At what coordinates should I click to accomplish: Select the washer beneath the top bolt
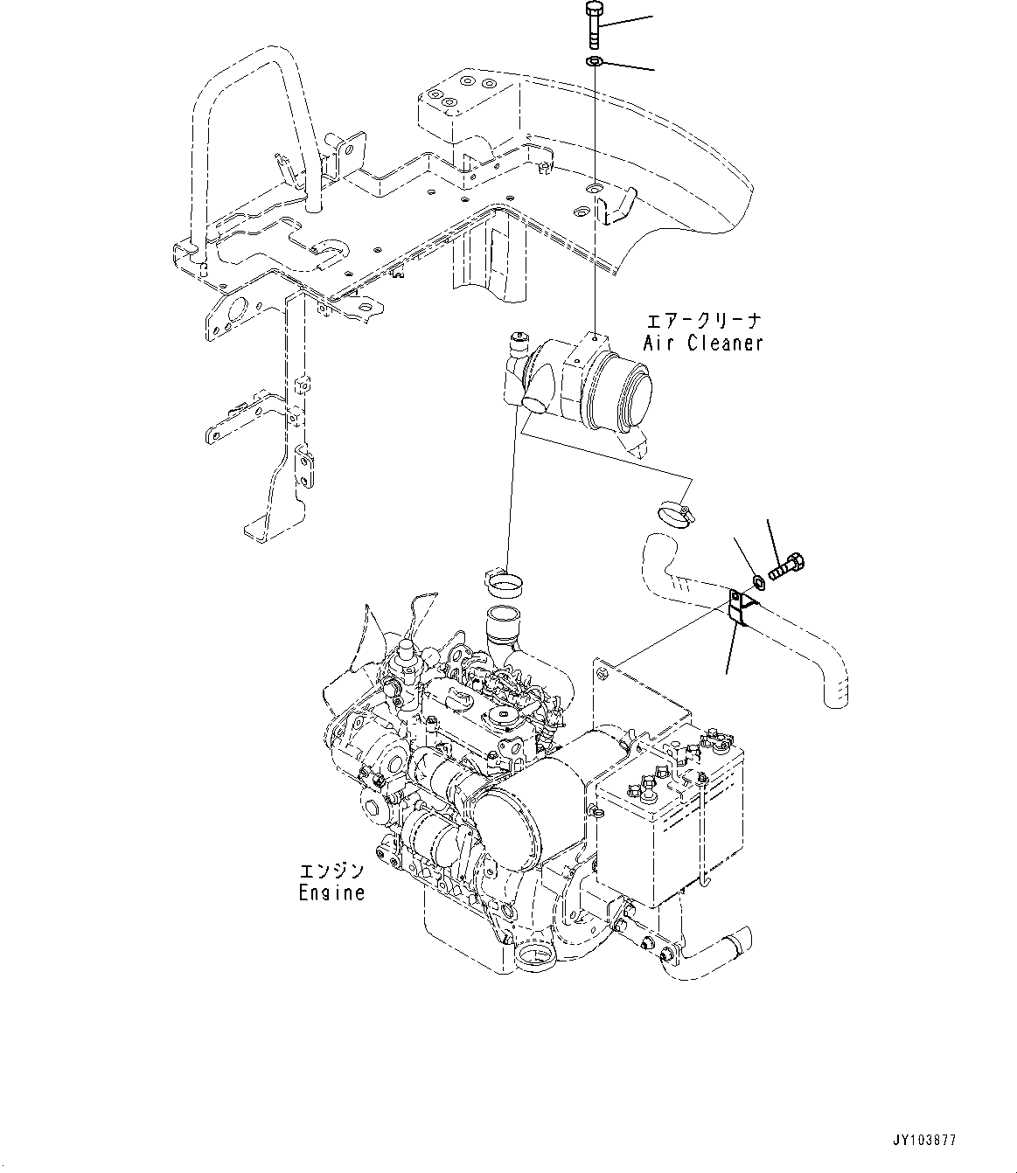595,61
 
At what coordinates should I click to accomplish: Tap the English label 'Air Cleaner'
703,343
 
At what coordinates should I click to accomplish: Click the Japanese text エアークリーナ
703,320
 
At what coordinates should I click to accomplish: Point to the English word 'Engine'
331,893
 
